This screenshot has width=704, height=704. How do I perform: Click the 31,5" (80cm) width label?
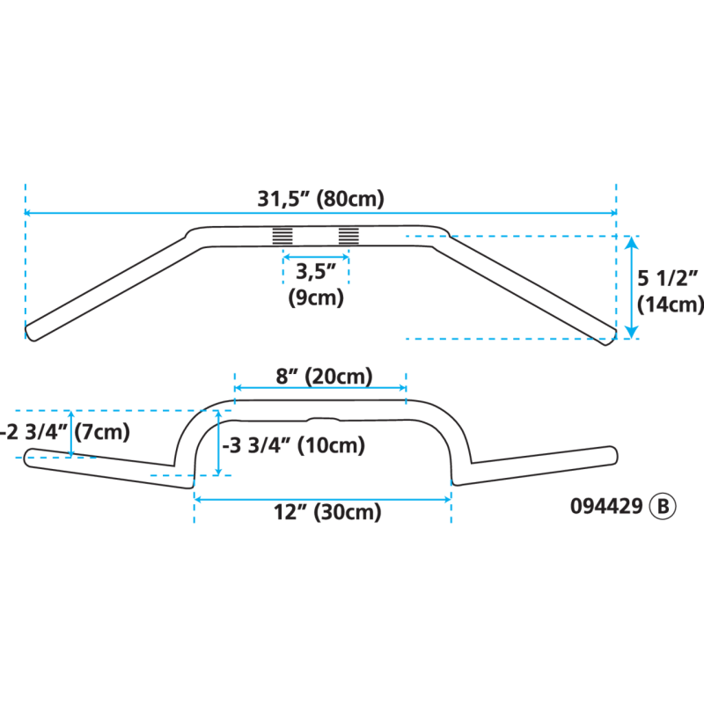pos(320,199)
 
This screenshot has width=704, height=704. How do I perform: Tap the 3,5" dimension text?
pos(316,271)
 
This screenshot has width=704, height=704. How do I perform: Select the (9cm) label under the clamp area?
pos(316,297)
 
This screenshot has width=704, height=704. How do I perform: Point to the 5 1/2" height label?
pos(667,280)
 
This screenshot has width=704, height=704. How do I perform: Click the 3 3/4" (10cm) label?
pos(294,445)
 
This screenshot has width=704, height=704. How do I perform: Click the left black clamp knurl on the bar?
pos(282,236)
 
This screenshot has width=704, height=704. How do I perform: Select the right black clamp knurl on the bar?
pos(349,236)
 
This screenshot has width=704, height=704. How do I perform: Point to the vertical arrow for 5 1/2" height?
pos(630,287)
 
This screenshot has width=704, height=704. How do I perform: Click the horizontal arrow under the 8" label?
pos(320,388)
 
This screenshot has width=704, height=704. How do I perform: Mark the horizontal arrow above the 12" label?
pos(322,499)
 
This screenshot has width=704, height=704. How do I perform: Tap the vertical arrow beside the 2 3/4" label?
pos(72,433)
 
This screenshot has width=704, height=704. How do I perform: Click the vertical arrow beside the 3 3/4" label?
pos(217,442)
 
